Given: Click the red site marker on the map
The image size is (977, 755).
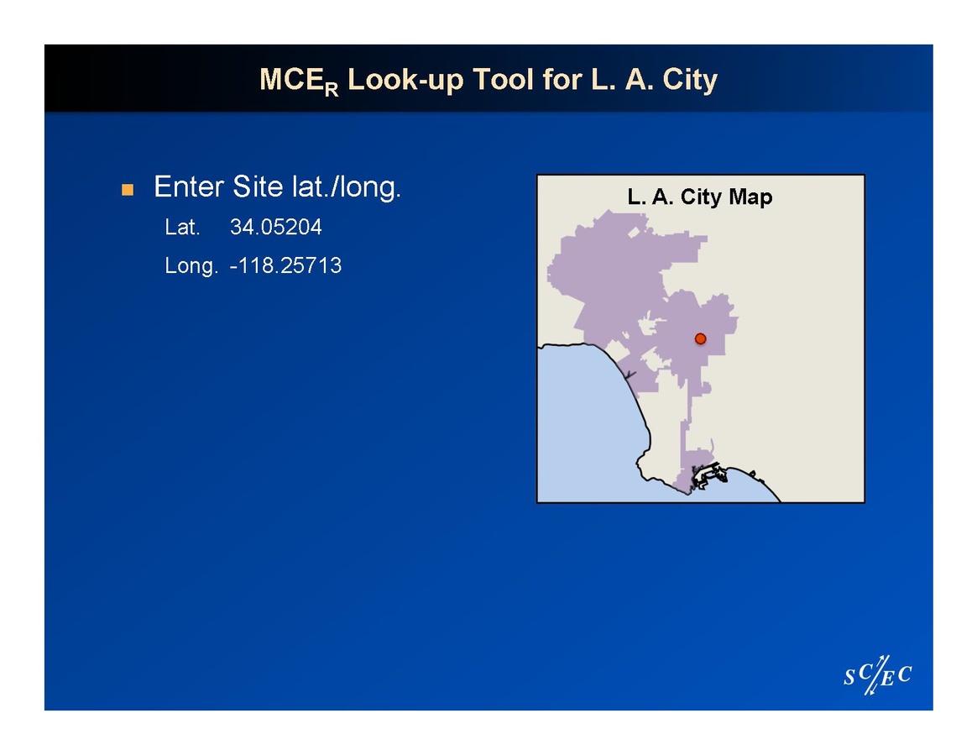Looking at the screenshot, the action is click(x=700, y=338).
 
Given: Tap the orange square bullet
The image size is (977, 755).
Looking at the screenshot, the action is click(x=128, y=190).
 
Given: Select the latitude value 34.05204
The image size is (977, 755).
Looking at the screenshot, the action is click(x=276, y=227).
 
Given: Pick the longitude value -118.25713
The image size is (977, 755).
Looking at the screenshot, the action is click(x=285, y=265).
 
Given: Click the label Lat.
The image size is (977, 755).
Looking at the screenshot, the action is click(x=183, y=227).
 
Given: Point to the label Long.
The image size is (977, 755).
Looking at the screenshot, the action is click(x=191, y=266).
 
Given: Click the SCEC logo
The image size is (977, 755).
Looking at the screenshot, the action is click(x=878, y=674).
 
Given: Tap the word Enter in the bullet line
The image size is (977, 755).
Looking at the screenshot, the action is click(x=189, y=186).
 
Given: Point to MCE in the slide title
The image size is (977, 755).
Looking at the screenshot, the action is click(x=291, y=80).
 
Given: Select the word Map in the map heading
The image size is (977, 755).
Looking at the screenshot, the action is click(x=751, y=197).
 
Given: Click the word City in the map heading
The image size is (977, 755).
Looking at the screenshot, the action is click(x=701, y=197).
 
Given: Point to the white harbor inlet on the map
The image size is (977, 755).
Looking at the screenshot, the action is click(x=710, y=475).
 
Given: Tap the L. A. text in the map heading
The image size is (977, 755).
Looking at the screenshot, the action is click(x=650, y=197).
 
